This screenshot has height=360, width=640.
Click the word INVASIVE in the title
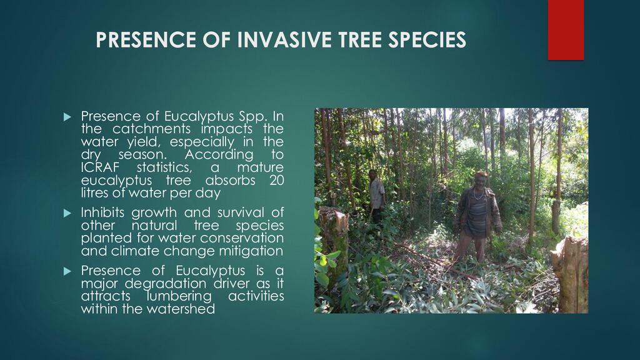click(x=284, y=39)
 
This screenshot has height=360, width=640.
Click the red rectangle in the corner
click(x=566, y=30)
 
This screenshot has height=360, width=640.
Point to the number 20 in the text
click(x=276, y=180)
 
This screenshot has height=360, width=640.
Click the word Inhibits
click(x=103, y=212)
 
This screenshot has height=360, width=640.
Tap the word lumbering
click(x=179, y=296)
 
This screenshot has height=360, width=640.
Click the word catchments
click(x=151, y=129)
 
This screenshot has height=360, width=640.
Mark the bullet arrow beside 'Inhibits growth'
click(x=67, y=213)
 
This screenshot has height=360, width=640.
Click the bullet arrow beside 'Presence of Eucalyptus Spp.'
click(x=67, y=117)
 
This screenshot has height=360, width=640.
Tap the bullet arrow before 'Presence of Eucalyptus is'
click(x=67, y=271)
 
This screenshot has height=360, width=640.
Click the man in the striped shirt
click(x=477, y=217)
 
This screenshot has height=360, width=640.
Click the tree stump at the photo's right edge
click(x=570, y=274)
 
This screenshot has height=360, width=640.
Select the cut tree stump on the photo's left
click(x=333, y=240)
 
